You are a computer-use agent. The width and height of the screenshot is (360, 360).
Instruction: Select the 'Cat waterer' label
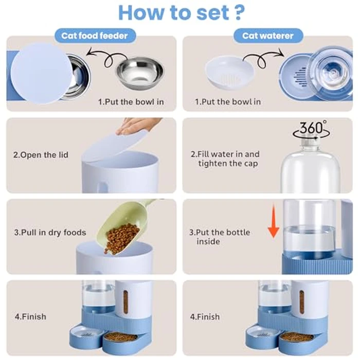(268, 36)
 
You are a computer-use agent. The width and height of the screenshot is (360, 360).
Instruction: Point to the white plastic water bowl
(229, 72)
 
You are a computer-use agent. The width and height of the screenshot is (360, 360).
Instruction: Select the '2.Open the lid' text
(41, 155)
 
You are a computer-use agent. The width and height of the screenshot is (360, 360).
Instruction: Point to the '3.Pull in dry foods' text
(50, 232)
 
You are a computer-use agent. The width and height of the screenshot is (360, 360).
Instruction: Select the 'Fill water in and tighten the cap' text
(225, 159)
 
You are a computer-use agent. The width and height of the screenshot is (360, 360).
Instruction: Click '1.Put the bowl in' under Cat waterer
(227, 102)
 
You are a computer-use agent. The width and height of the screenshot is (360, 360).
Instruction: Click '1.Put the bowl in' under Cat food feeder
(131, 102)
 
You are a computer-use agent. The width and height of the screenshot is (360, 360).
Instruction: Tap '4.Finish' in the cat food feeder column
(30, 316)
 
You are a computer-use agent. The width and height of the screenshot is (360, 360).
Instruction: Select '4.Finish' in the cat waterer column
(205, 316)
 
